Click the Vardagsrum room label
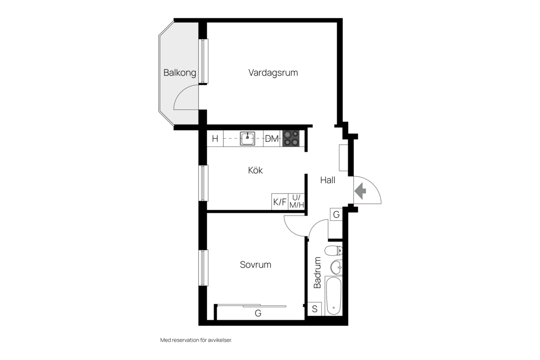(x=273, y=73)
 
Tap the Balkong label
(x=180, y=73)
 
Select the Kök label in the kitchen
(x=255, y=170)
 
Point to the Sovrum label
(x=256, y=265)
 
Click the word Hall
(x=328, y=180)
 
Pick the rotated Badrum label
(x=318, y=273)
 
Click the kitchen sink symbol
(x=247, y=138)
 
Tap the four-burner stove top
(x=291, y=138)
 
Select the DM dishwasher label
(x=272, y=139)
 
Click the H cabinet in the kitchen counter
(x=215, y=139)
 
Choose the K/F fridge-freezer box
(x=280, y=202)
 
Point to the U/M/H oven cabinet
(x=297, y=202)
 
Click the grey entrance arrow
(x=360, y=191)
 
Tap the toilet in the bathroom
(x=333, y=251)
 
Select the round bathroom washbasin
(x=336, y=268)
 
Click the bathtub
(x=334, y=296)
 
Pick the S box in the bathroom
(x=315, y=309)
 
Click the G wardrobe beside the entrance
(x=336, y=214)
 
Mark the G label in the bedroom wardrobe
(x=258, y=313)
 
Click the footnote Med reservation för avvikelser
(x=196, y=340)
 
